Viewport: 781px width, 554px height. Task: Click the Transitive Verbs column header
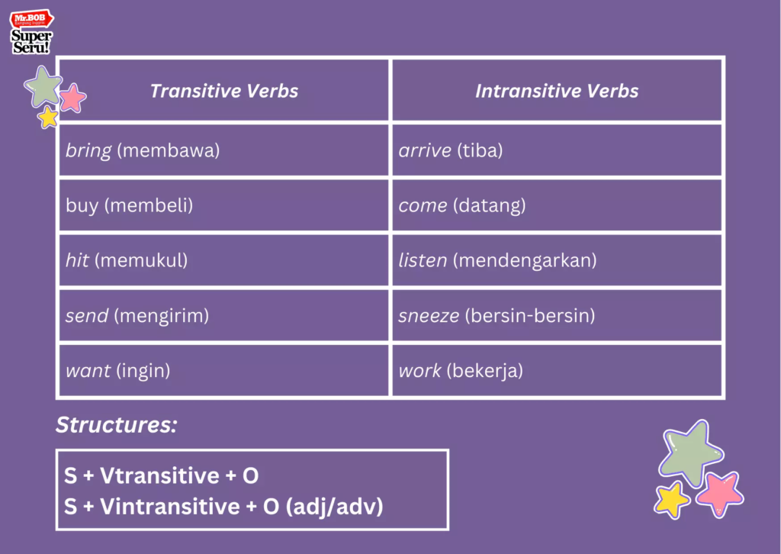pos(223,92)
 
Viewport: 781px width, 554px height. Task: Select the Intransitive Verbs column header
pos(557,92)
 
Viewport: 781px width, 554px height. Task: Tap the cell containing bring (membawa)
pos(143,150)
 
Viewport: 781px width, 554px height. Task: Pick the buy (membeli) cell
pos(129,205)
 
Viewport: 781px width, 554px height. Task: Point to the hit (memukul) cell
pos(127,260)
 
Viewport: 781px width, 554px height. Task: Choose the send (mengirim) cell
pos(137,315)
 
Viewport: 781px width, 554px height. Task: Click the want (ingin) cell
pos(117,371)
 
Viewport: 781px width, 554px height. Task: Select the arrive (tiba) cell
pos(450,150)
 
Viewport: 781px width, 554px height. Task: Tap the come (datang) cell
pos(461,205)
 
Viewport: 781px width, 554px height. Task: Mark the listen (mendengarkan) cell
pos(497,260)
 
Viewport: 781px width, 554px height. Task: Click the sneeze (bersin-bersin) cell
pos(497,315)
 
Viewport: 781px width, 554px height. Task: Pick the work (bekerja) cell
pos(460,371)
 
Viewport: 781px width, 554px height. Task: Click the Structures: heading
pos(116,425)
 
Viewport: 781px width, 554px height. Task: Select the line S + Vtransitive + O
pos(162,476)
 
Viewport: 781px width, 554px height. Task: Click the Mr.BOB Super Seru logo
pos(32,32)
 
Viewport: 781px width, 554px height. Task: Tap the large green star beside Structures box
pos(690,452)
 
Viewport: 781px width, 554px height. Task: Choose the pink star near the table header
pos(72,98)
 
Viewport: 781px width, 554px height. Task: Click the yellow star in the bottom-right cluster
pos(672,500)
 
